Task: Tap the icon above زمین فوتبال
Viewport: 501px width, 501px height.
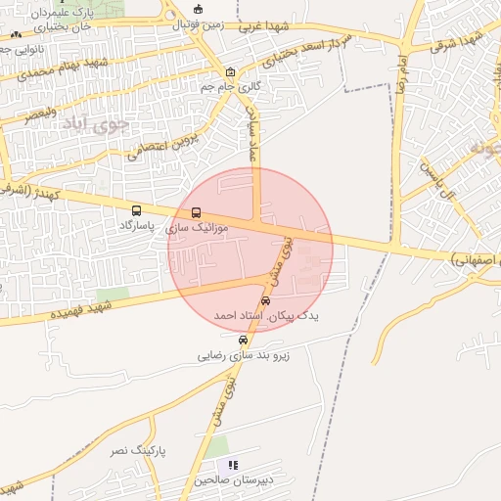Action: [199, 9]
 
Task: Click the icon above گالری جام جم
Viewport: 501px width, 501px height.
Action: [230, 71]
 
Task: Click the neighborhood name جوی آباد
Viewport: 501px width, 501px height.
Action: [95, 124]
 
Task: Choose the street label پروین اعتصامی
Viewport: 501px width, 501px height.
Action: [163, 145]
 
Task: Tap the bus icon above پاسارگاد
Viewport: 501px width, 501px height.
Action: [136, 210]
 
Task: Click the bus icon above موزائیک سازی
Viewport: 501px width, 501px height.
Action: [197, 211]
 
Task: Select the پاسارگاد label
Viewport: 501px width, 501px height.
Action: [138, 225]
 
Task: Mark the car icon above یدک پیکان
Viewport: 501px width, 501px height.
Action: [267, 300]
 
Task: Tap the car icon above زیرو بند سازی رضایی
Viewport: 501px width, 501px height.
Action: [244, 340]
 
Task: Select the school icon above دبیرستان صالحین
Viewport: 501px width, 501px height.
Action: [233, 465]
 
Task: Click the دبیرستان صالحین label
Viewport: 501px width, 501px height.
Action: [233, 480]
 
